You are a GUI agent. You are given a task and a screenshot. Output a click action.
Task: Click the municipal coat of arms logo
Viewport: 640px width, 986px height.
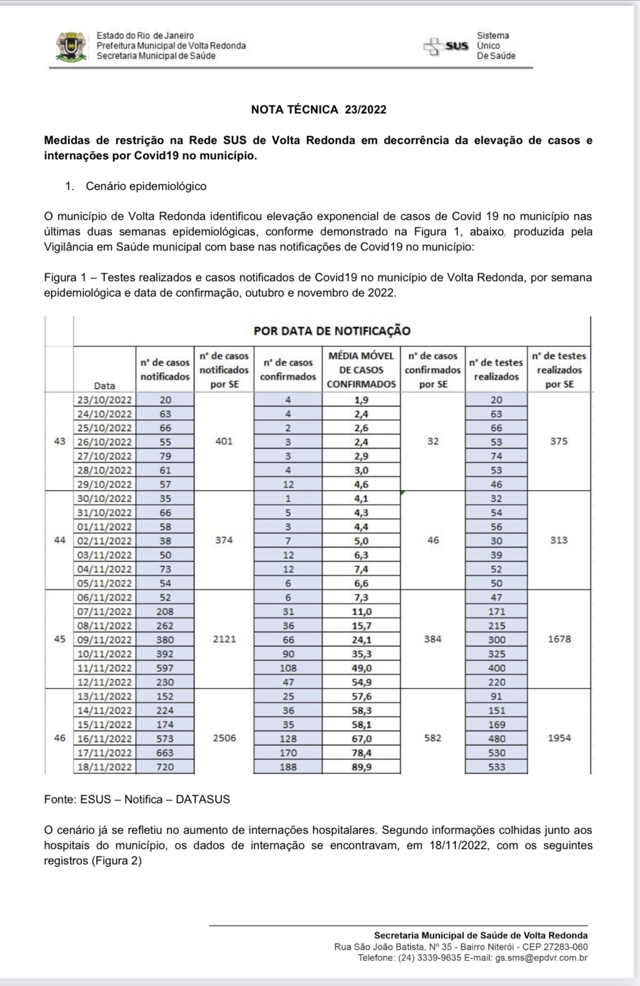pyautogui.click(x=71, y=47)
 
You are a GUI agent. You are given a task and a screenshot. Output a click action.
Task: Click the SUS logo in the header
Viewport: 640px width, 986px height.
pyautogui.click(x=446, y=46)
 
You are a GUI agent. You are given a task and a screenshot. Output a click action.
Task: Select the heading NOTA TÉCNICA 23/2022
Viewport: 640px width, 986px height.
pyautogui.click(x=318, y=109)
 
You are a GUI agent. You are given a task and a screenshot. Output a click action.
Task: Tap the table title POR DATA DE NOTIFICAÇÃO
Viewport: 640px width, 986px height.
pyautogui.click(x=331, y=331)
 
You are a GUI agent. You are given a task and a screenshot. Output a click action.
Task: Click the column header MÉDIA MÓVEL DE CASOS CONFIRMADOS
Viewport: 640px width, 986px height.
pyautogui.click(x=361, y=370)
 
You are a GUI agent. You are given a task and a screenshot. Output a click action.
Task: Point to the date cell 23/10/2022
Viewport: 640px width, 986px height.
pyautogui.click(x=104, y=400)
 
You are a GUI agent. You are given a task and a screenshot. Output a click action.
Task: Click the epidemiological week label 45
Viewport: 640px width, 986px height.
pyautogui.click(x=60, y=639)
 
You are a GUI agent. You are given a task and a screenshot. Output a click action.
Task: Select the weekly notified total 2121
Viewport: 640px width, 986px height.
pyautogui.click(x=224, y=639)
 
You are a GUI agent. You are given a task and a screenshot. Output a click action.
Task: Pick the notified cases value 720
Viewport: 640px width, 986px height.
pyautogui.click(x=165, y=767)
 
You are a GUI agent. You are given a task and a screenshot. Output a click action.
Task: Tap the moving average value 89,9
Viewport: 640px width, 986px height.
pyautogui.click(x=361, y=767)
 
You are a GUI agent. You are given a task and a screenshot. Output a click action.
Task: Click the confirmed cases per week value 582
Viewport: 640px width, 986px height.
pyautogui.click(x=433, y=738)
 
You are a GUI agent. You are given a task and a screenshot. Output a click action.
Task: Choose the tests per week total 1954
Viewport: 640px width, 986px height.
pyautogui.click(x=559, y=738)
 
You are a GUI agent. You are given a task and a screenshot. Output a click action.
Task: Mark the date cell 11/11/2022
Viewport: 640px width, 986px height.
pyautogui.click(x=104, y=668)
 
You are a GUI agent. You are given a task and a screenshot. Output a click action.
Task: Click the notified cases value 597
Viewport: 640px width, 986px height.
pyautogui.click(x=165, y=668)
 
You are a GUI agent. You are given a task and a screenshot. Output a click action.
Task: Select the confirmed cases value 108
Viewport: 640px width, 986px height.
pyautogui.click(x=288, y=668)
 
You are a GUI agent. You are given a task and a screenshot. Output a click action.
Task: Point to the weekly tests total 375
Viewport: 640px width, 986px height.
pyautogui.click(x=559, y=441)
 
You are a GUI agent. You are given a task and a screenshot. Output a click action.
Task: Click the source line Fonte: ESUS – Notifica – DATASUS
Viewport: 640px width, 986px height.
pyautogui.click(x=137, y=799)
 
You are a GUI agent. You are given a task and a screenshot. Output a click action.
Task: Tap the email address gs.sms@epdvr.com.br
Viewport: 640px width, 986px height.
pyautogui.click(x=541, y=958)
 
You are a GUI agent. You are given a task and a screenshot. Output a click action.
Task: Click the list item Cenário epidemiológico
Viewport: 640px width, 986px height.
pyautogui.click(x=146, y=186)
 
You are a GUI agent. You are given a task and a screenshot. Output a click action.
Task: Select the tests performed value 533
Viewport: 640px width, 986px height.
pyautogui.click(x=496, y=767)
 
